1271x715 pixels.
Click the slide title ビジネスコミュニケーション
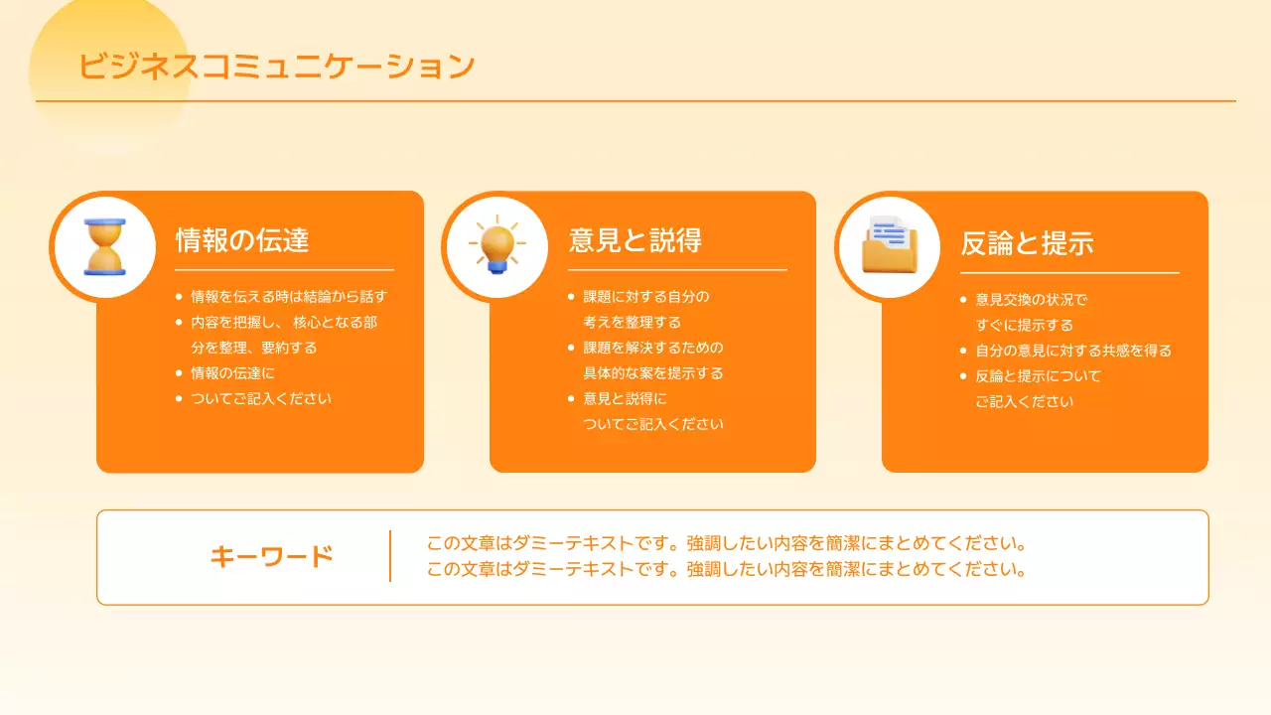point(277,67)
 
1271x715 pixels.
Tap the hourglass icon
point(105,247)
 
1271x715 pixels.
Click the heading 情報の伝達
point(242,240)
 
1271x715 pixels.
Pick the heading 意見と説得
point(635,240)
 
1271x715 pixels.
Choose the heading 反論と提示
point(1027,243)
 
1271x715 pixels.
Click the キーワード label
point(271,557)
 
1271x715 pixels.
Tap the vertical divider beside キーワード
point(390,556)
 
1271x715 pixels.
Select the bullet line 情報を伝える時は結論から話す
point(288,296)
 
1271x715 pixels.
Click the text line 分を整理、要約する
point(254,348)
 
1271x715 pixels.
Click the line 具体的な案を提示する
point(653,373)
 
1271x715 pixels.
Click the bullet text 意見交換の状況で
point(1032,299)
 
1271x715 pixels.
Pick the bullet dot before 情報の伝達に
point(179,373)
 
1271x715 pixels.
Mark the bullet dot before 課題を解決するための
point(571,348)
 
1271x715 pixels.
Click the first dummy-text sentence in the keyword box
point(725,544)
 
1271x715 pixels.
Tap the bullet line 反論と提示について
point(1039,376)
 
